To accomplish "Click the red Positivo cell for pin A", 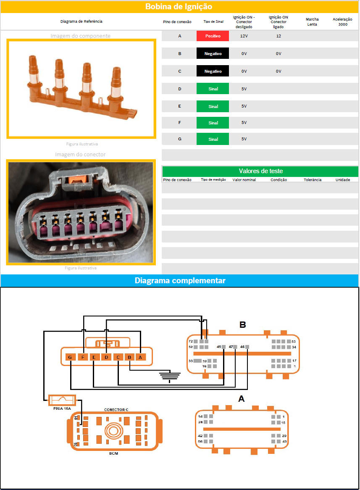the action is (x=213, y=36).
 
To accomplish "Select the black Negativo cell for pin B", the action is (x=213, y=53).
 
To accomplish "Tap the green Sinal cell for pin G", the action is (x=213, y=139).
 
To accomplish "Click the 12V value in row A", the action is (x=244, y=36).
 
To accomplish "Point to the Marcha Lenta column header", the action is (x=312, y=21).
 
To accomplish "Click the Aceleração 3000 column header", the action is (x=342, y=21).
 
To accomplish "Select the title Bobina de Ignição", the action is (x=179, y=7).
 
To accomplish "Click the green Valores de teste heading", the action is (x=260, y=171).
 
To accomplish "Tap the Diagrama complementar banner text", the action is (x=180, y=280).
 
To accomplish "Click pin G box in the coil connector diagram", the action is (x=70, y=357).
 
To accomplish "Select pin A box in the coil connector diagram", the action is (x=140, y=357).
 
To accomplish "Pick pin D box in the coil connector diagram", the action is (x=106, y=357).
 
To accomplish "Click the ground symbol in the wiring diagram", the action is (x=170, y=376).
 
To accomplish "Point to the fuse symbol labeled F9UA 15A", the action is (x=62, y=399).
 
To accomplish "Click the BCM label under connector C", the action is (x=114, y=453).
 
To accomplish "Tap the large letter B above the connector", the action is (x=242, y=325).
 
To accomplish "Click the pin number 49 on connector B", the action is (x=219, y=347).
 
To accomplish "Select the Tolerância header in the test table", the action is (x=313, y=180).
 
